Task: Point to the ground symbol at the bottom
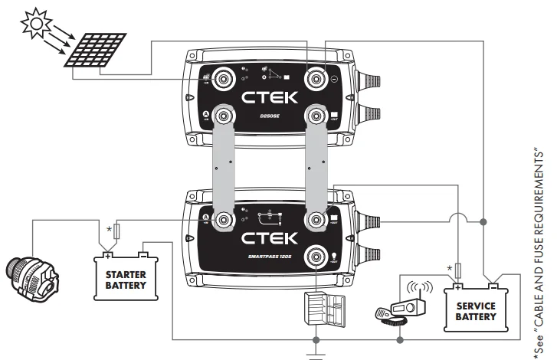[x=316, y=354]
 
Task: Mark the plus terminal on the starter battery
[x=109, y=256]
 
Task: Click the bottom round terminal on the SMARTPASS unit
[x=314, y=255]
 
